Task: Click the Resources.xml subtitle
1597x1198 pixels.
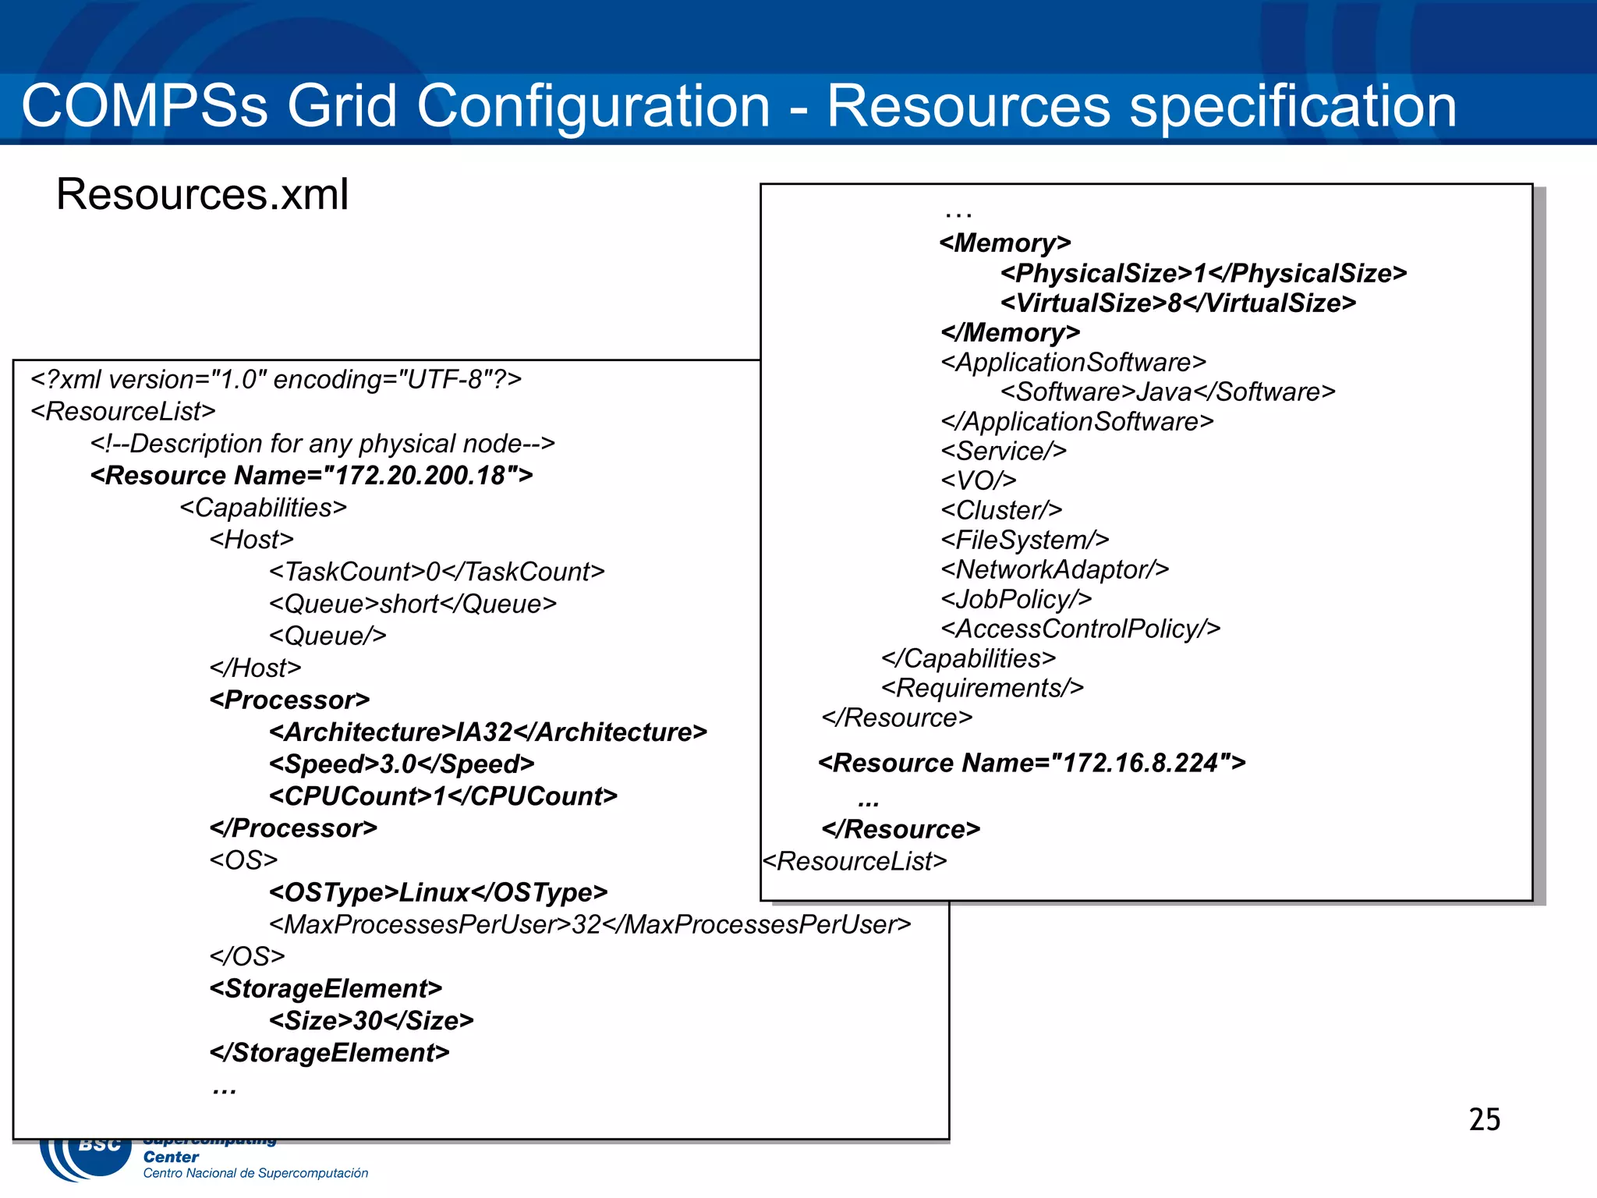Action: coord(202,194)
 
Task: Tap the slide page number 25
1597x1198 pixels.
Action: coord(1484,1119)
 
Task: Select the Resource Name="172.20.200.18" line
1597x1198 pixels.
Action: coord(312,475)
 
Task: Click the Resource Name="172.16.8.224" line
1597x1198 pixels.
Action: coord(1032,762)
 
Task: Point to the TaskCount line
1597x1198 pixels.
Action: coord(437,572)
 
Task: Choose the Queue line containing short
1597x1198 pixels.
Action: coord(413,604)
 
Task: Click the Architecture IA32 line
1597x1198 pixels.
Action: coord(488,732)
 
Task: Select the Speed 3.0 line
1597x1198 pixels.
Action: coord(402,764)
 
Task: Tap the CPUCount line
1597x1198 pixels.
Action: coord(443,796)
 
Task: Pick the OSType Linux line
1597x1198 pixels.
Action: coord(438,891)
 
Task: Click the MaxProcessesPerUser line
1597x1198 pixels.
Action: coord(590,924)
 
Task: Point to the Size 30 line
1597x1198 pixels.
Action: coord(371,1020)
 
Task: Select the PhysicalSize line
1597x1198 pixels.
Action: coord(1204,273)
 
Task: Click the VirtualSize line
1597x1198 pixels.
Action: coord(1178,303)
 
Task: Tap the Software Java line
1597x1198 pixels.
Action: coord(1168,392)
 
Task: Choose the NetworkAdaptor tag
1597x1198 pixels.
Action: coord(1055,569)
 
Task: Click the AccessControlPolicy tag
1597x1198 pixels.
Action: coord(1081,629)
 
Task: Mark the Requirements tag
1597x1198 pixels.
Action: coord(983,688)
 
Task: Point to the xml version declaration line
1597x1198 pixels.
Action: coord(276,379)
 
